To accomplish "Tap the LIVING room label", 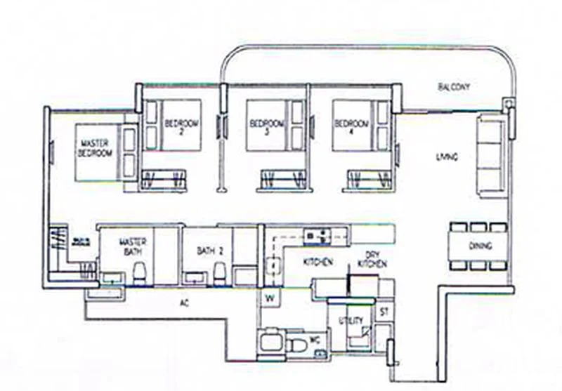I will [447, 157].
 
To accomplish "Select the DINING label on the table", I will [480, 246].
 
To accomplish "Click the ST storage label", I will [384, 310].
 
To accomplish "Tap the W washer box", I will [268, 298].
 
